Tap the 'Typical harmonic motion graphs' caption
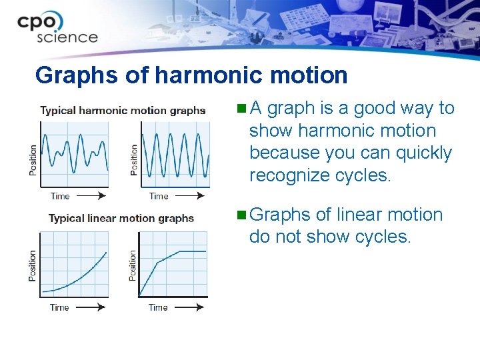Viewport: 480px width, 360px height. pos(123,111)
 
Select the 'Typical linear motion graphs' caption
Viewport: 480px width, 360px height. pos(121,219)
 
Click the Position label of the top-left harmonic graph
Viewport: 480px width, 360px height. pos(33,160)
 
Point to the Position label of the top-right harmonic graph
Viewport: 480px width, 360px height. pos(134,160)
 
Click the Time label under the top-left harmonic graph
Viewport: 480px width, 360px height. pos(60,196)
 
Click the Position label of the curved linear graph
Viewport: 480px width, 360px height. pos(33,265)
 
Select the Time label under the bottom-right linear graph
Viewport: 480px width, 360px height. pos(158,307)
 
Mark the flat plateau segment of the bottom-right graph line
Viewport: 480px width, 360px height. pos(192,251)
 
